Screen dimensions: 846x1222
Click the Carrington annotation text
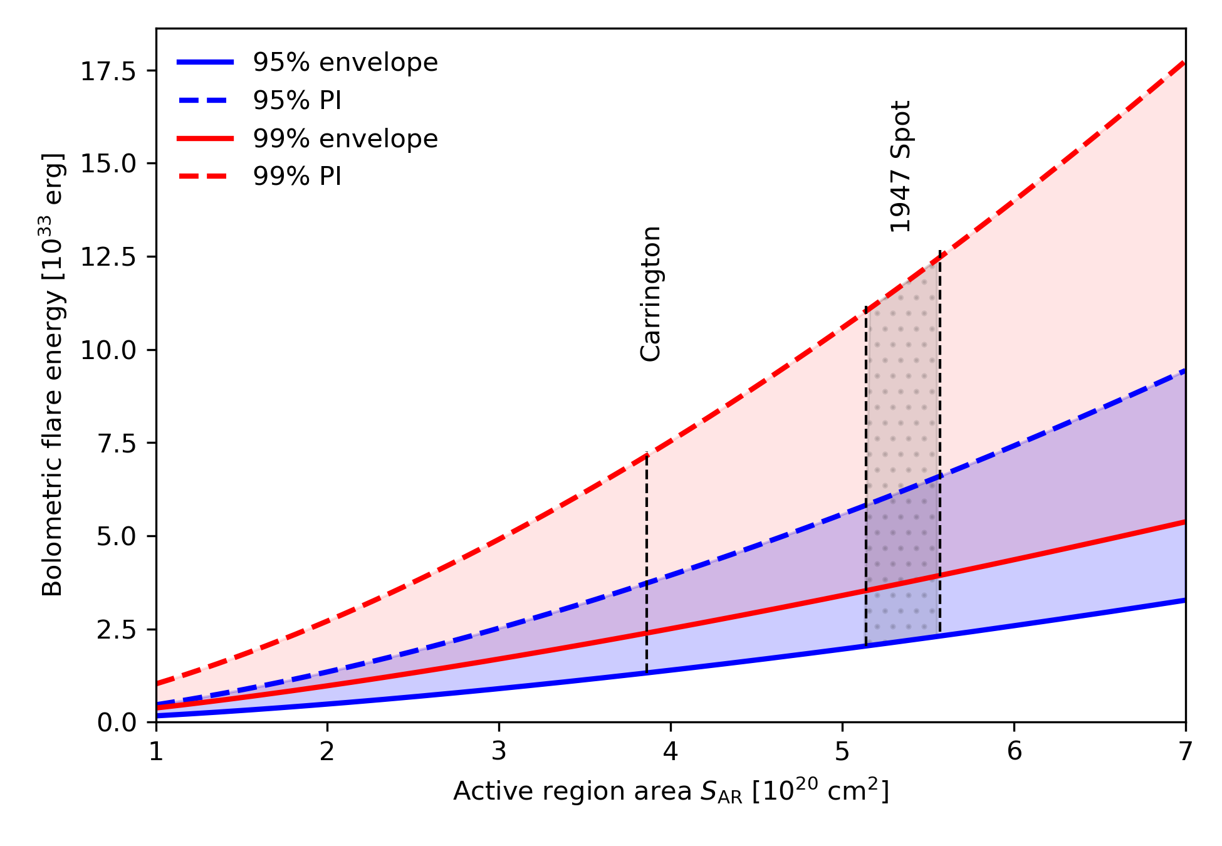tap(650, 294)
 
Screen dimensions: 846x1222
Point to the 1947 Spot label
tap(900, 167)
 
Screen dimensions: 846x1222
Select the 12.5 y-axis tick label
tap(108, 258)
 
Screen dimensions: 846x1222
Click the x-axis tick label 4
tap(671, 751)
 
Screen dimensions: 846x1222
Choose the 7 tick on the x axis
tap(1184, 751)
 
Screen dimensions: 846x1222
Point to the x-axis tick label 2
tap(327, 751)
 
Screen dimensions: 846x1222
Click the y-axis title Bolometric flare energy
tap(53, 374)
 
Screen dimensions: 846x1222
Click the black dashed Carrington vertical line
tap(646, 564)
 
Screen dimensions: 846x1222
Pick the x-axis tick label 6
tap(1014, 751)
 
